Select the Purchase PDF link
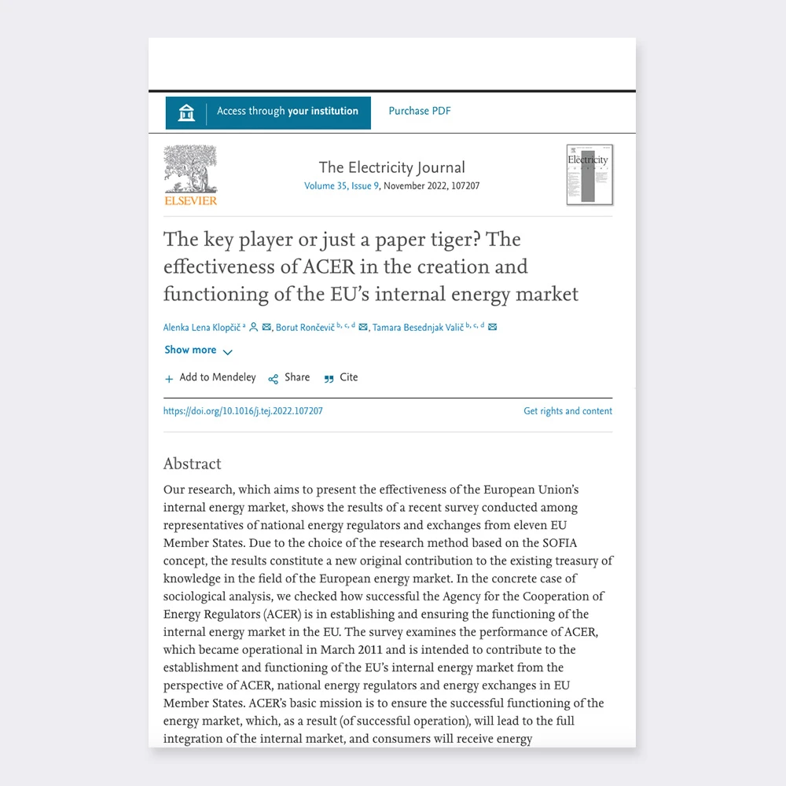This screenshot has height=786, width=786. pyautogui.click(x=420, y=112)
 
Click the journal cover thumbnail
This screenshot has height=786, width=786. pyautogui.click(x=589, y=174)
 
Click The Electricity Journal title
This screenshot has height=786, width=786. pyautogui.click(x=391, y=167)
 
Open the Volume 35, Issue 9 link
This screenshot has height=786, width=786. pyautogui.click(x=342, y=186)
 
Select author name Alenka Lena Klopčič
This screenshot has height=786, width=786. pyautogui.click(x=202, y=328)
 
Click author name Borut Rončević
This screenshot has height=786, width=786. pyautogui.click(x=305, y=328)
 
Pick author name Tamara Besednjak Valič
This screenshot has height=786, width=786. pyautogui.click(x=417, y=328)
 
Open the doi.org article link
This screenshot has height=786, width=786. pyautogui.click(x=243, y=411)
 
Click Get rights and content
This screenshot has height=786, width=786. pyautogui.click(x=567, y=411)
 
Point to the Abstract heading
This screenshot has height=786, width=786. pyautogui.click(x=193, y=464)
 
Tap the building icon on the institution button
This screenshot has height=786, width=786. pyautogui.click(x=186, y=112)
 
